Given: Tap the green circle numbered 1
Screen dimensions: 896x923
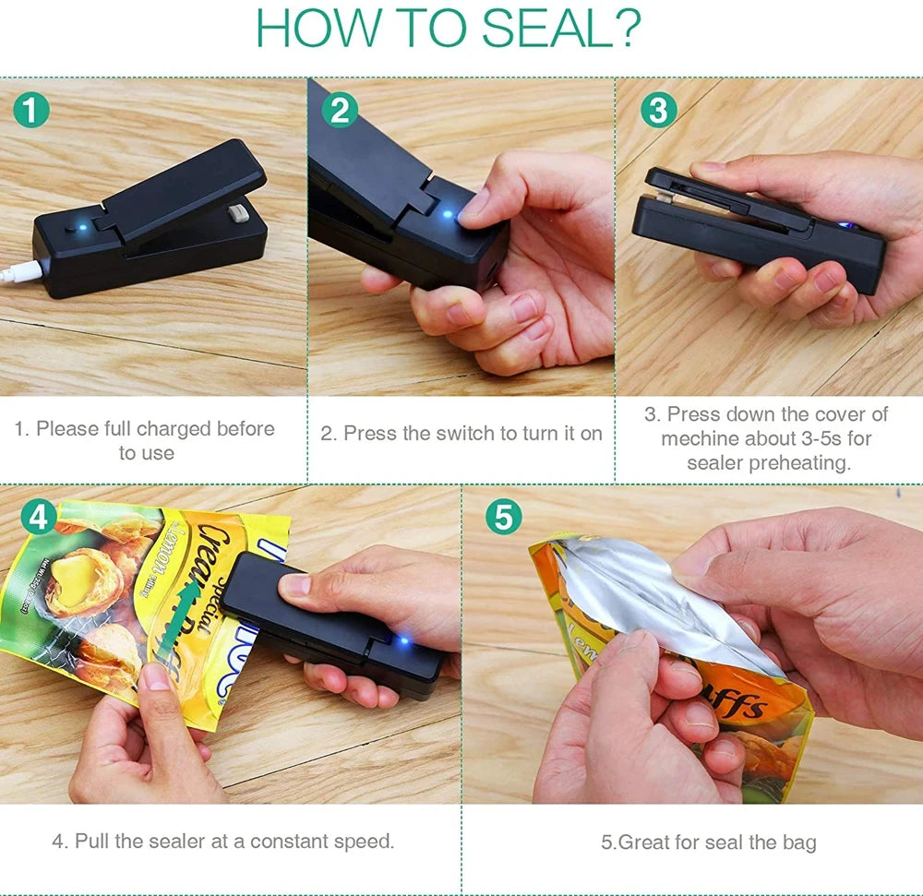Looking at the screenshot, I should [32, 112].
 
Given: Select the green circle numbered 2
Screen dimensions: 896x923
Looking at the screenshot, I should [340, 111].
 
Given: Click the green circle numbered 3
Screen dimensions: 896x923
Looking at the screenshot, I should [658, 111].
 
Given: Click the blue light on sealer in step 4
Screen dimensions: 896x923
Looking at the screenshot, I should [401, 640].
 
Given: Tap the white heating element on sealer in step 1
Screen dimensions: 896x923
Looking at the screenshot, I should [236, 213].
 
